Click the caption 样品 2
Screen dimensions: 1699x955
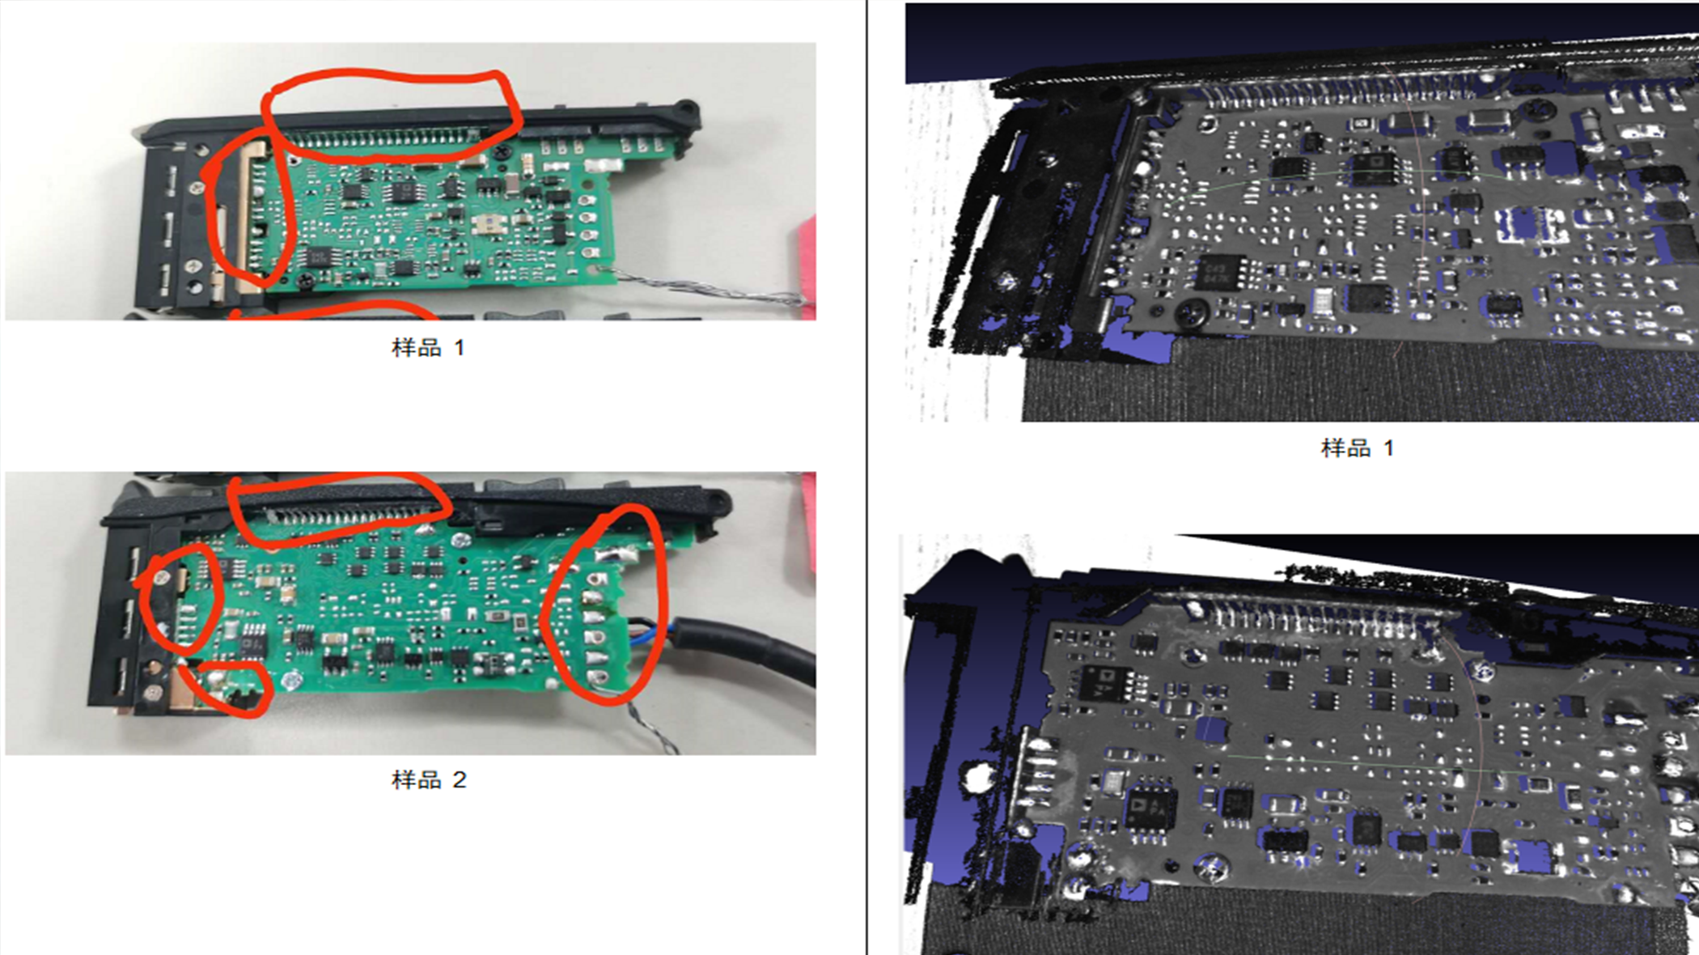coord(429,779)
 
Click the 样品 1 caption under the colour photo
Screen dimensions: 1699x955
coord(428,347)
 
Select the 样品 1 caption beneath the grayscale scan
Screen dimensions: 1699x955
coord(1358,448)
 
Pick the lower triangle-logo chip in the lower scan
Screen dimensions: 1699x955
coord(1150,804)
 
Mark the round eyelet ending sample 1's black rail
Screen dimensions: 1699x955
coord(687,108)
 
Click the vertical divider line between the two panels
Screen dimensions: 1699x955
coord(866,477)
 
